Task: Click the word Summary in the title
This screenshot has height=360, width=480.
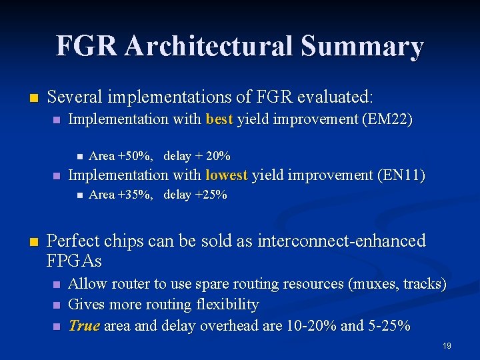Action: [362, 46]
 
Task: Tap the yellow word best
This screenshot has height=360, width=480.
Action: [219, 119]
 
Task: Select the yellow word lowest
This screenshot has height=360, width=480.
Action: [227, 175]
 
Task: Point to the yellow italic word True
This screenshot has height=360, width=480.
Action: [84, 325]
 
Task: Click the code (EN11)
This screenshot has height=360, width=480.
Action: [401, 175]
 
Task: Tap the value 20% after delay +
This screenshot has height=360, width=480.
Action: [218, 156]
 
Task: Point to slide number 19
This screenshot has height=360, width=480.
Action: [447, 346]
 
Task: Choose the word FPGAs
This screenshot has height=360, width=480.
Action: [75, 259]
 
